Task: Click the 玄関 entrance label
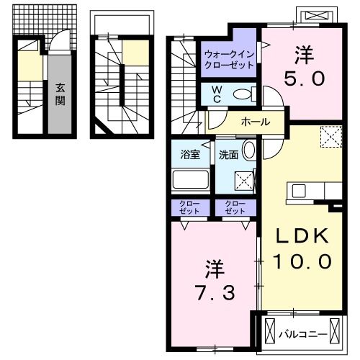click(x=60, y=94)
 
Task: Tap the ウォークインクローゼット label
click(x=229, y=60)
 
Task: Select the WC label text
click(x=217, y=94)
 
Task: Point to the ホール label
click(x=256, y=122)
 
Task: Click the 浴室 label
click(x=190, y=155)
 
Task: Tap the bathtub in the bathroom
click(x=191, y=179)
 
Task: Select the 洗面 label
click(x=228, y=155)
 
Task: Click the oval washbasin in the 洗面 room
click(x=249, y=150)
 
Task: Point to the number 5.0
click(x=305, y=78)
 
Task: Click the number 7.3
click(x=215, y=293)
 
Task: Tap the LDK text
click(x=302, y=236)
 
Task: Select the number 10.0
click(x=302, y=261)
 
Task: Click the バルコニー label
click(x=303, y=334)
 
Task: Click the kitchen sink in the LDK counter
click(x=299, y=191)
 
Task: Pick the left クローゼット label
click(x=189, y=207)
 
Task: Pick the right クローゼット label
click(x=235, y=207)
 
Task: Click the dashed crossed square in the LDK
click(x=331, y=137)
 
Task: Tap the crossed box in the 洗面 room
click(x=244, y=181)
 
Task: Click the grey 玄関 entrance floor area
click(x=60, y=94)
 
